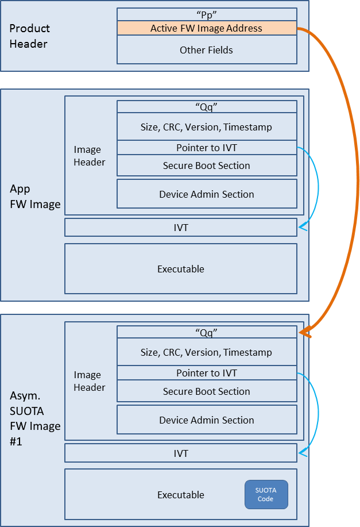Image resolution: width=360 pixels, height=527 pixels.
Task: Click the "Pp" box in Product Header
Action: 207,14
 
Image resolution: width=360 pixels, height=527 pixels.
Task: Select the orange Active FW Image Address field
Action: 207,28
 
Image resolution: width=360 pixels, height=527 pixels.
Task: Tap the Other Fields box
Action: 207,50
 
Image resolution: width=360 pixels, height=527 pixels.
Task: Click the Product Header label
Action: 29,36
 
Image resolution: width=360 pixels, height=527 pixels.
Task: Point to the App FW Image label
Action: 35,197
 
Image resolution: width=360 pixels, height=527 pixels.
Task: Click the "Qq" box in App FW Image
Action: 207,106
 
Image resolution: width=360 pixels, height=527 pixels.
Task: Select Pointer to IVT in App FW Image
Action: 207,148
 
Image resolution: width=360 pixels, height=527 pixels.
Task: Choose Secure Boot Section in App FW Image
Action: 207,166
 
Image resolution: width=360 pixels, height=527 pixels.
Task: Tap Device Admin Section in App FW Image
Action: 207,194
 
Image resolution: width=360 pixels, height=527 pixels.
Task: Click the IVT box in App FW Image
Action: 181,228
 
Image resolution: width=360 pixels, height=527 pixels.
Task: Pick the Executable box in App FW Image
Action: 181,269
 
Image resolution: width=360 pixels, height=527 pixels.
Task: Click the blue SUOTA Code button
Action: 266,494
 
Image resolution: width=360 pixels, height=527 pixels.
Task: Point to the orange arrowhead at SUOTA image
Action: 304,333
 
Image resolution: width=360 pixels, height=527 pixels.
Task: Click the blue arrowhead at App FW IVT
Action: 302,228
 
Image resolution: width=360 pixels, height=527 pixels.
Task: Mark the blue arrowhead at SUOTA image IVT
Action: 302,453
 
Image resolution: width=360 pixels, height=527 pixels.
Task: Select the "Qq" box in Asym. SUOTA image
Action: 207,332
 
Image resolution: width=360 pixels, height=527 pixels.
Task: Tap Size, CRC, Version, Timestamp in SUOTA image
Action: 207,352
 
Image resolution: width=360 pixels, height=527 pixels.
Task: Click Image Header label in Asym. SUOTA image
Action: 90,381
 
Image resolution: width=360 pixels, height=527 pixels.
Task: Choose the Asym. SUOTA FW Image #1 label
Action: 35,418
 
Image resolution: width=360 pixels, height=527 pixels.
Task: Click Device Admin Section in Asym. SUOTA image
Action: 207,420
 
